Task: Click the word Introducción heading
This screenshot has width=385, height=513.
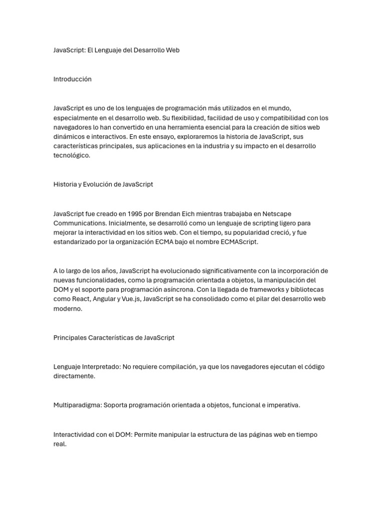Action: pyautogui.click(x=73, y=79)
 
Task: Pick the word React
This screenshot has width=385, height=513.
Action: pyautogui.click(x=79, y=299)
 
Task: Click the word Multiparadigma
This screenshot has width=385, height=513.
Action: pyautogui.click(x=77, y=405)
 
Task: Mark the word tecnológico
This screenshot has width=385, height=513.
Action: pyautogui.click(x=72, y=155)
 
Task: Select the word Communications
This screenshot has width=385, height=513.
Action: pyautogui.click(x=77, y=223)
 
